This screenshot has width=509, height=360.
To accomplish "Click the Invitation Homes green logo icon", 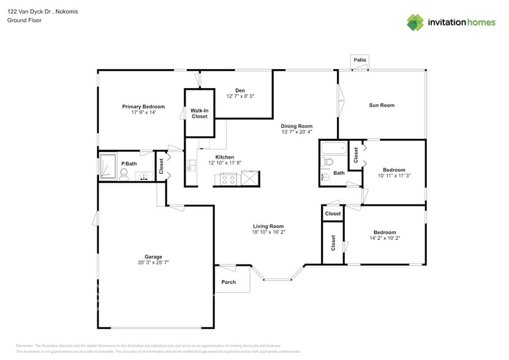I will (x=415, y=22).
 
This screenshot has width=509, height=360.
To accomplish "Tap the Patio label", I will (x=360, y=60).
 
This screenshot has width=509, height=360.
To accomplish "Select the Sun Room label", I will (x=381, y=105).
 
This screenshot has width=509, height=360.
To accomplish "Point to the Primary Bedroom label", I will (x=143, y=107).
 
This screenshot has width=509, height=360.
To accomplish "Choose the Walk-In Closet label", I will (x=199, y=113).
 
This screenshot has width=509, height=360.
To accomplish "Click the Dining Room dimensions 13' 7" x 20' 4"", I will (x=296, y=132).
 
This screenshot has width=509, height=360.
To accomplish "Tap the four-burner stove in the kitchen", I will (x=228, y=179).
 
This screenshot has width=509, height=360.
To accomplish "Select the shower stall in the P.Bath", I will (x=108, y=167).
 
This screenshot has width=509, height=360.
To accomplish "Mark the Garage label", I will (x=153, y=257).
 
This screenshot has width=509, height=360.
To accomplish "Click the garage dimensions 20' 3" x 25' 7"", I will (x=153, y=263).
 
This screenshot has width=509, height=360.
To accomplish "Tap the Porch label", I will (x=228, y=282).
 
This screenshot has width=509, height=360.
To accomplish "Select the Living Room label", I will (x=268, y=226).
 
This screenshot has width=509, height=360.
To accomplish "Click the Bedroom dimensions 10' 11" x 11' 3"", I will (x=394, y=176).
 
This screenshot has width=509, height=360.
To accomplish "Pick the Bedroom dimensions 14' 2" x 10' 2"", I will (x=385, y=238).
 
